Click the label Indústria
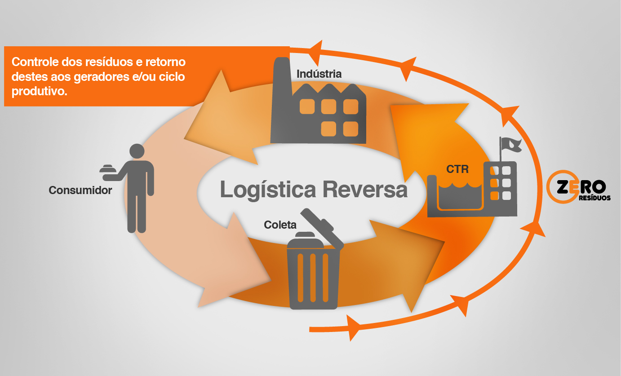[x=319, y=74]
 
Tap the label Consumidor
[x=80, y=190]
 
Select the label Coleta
[x=280, y=225]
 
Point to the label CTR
[x=457, y=169]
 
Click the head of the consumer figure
[x=137, y=151]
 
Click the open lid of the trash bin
[x=322, y=227]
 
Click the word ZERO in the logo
[x=581, y=186]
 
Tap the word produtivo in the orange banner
[x=39, y=91]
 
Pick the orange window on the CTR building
[x=494, y=195]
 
